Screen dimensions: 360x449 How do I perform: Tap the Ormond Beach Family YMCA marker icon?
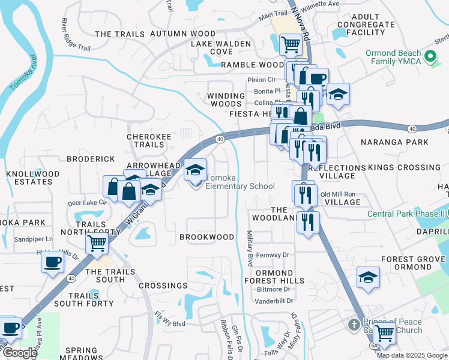pos(430,58)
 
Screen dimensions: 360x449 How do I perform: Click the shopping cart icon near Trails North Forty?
pos(97,244)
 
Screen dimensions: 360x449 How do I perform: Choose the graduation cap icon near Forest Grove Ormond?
pos(368,277)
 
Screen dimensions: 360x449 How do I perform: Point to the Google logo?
pos(19,353)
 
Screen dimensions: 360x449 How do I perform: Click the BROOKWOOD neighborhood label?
pos(206,237)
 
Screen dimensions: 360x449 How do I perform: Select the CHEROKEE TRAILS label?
pos(145,140)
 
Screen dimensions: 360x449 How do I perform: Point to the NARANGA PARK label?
pos(394,142)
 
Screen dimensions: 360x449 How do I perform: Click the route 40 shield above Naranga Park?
pos(412,128)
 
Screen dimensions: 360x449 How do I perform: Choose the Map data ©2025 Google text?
pos(412,355)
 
